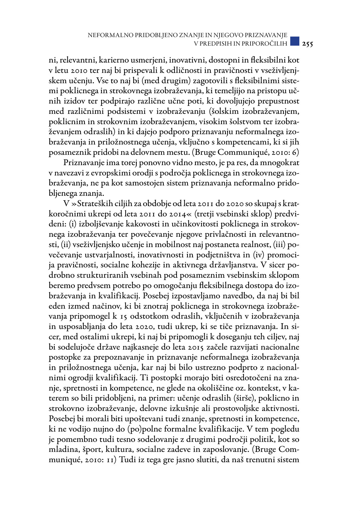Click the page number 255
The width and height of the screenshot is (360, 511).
307,44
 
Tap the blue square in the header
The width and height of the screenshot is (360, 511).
294,41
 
